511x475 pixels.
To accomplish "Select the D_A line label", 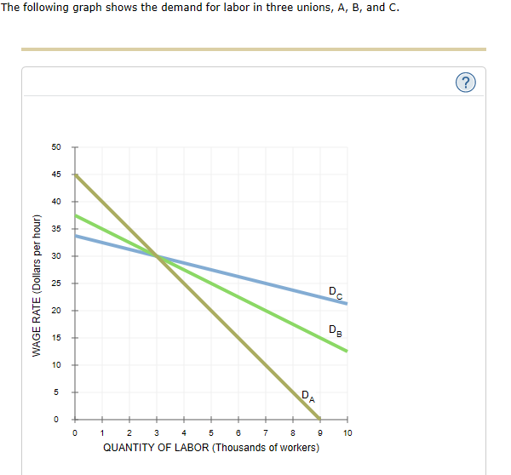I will [307, 395].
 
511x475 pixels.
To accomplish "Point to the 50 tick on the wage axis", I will [56, 147].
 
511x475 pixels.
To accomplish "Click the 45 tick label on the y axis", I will [56, 175].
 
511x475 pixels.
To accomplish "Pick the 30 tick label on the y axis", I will [56, 256].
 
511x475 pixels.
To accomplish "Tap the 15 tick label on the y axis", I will [56, 338].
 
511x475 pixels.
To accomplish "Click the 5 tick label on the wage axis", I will [57, 392].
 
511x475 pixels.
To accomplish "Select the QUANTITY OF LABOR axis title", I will [211, 448].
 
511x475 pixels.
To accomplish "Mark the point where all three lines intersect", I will [157, 255].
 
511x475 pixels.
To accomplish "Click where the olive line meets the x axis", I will [320, 419].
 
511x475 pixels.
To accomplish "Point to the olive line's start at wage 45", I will [76, 175].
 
